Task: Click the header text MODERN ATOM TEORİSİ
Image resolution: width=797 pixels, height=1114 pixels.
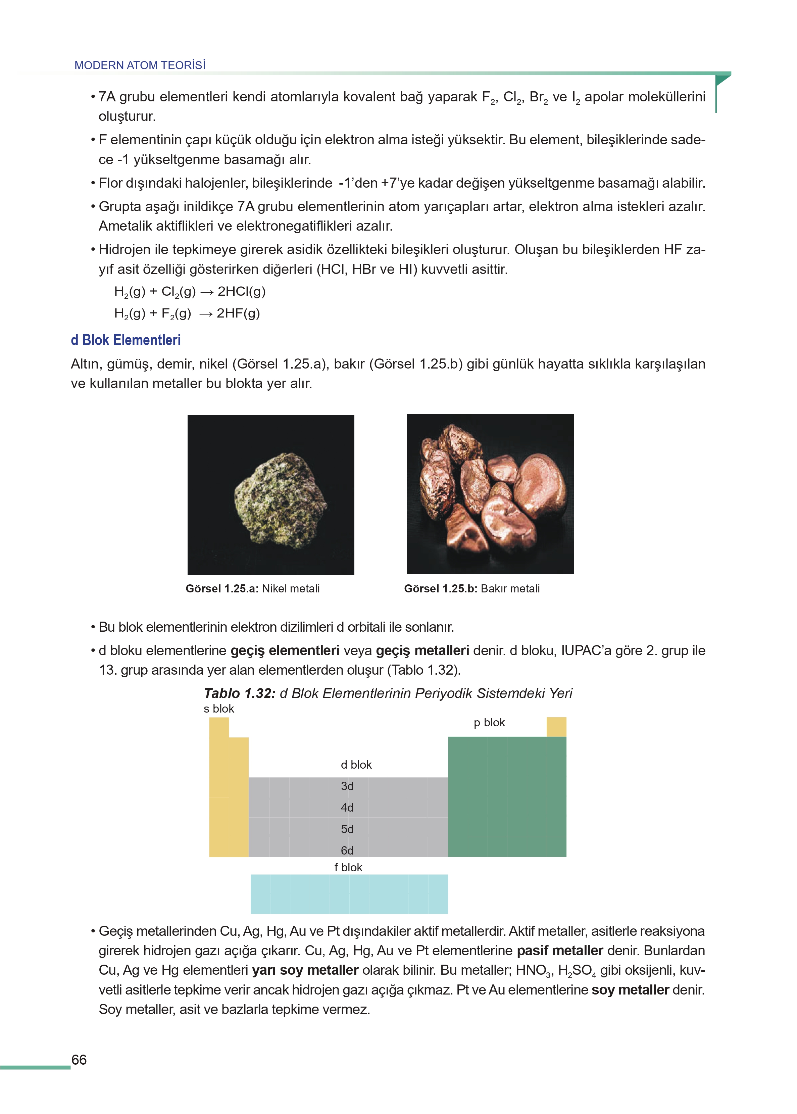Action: [x=140, y=65]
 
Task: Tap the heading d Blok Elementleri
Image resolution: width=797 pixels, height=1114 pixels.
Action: [x=126, y=340]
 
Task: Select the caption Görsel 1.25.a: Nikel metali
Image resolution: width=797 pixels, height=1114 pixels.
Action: [x=252, y=588]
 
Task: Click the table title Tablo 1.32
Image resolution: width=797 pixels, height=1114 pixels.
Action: [x=240, y=693]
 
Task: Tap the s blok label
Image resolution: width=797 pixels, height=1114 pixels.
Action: [x=219, y=709]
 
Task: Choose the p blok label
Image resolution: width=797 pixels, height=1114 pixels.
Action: [x=489, y=722]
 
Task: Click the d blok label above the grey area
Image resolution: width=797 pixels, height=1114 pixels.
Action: [x=356, y=765]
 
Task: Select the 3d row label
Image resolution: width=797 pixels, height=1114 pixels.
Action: [x=347, y=786]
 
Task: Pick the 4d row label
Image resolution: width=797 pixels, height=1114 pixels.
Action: [x=347, y=807]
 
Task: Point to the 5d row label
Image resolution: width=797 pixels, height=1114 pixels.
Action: [x=347, y=829]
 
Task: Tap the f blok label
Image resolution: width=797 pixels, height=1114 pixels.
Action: [x=348, y=867]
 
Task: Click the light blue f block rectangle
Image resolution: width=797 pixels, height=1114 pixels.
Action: [x=349, y=894]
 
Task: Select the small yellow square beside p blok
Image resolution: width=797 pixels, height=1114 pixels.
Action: [x=556, y=727]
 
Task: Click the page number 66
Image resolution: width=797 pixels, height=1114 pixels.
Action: [x=79, y=1060]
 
